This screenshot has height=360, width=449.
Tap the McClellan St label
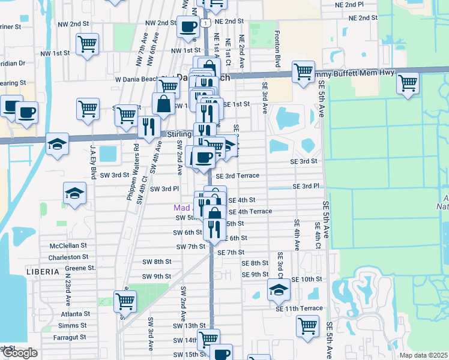68,245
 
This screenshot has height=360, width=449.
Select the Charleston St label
69,257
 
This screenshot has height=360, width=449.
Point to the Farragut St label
70,337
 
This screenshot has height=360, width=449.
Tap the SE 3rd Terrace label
237,176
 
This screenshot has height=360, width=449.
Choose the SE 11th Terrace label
300,308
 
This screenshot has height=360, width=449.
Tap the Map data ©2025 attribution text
424,355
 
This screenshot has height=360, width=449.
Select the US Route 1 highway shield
205,23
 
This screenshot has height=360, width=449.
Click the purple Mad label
181,208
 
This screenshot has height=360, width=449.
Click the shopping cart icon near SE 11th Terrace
307,326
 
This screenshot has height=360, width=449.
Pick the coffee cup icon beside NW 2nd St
188,27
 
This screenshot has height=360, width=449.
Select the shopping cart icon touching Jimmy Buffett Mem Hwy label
304,71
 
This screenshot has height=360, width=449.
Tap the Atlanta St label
75,314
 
